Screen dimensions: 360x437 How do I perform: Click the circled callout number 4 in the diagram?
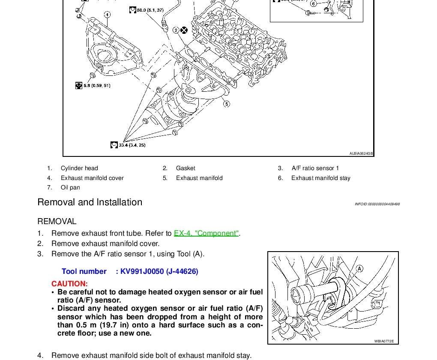(107, 15)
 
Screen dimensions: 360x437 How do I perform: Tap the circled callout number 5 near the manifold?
(226, 104)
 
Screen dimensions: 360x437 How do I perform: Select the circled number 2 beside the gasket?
(176, 30)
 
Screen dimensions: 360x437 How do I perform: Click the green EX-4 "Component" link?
(206, 233)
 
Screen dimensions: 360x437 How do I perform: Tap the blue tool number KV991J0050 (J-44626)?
(159, 271)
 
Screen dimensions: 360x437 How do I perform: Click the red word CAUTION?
(69, 284)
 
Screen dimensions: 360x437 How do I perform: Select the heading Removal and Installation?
(90, 202)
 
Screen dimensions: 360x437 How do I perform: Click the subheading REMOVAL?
(57, 222)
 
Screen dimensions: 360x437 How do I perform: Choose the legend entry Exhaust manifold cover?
(92, 178)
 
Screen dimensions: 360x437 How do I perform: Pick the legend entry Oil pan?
(70, 187)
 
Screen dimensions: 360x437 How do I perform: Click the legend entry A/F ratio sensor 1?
(315, 168)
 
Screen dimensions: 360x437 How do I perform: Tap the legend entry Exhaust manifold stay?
(320, 178)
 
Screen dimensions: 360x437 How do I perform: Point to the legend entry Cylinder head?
(79, 168)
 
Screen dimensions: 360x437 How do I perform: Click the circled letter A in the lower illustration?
(359, 269)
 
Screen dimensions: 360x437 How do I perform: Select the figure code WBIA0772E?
(384, 342)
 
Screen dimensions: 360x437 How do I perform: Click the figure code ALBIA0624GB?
(361, 153)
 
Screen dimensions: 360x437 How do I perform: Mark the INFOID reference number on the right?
(377, 204)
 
